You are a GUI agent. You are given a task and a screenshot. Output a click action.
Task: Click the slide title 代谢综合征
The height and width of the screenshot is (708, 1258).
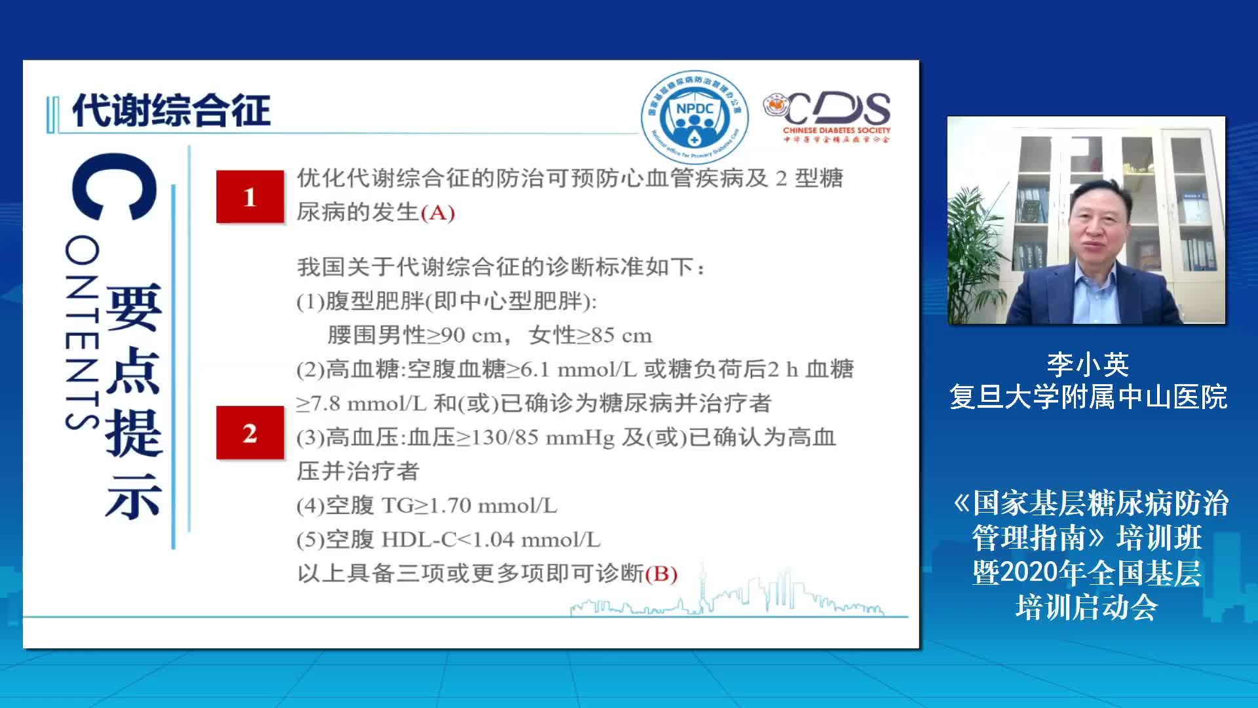pos(171,110)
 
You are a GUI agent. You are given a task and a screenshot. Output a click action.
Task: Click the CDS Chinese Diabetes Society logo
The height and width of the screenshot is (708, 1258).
pos(827,117)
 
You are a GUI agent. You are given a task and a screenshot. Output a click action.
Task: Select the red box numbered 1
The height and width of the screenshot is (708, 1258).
pos(250,197)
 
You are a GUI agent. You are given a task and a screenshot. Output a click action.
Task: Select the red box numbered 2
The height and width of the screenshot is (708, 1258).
pos(250,433)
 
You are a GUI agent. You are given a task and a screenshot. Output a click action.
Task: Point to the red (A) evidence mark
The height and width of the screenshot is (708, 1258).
pos(437,213)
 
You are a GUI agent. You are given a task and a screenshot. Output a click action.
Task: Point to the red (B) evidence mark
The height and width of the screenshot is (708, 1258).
pos(661,574)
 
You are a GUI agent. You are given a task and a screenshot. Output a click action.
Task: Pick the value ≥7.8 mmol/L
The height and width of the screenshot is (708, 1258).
pos(361,404)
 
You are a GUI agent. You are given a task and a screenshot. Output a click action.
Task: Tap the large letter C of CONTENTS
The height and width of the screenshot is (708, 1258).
pos(115,186)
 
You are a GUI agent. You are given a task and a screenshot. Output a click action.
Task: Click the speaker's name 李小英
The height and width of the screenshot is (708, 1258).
pos(1088,364)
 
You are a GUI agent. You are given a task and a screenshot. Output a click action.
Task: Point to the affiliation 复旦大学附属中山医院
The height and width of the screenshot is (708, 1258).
pos(1088,397)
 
